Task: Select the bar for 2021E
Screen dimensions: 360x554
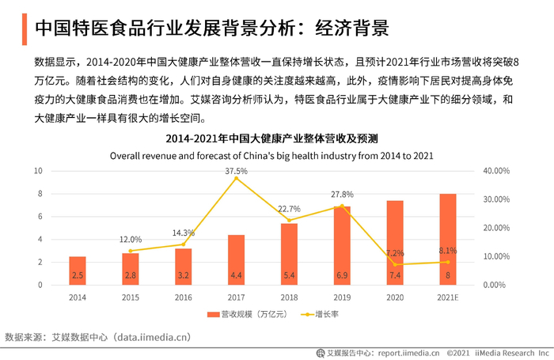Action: pyautogui.click(x=448, y=239)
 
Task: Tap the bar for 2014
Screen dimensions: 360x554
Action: pyautogui.click(x=78, y=270)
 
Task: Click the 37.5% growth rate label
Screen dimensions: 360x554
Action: pyautogui.click(x=236, y=171)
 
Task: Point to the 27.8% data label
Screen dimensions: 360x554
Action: pyautogui.click(x=342, y=195)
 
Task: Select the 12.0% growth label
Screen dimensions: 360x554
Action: pyautogui.click(x=131, y=240)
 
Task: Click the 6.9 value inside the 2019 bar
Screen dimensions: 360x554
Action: pyautogui.click(x=342, y=275)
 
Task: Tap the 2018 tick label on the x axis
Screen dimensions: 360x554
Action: pyautogui.click(x=289, y=297)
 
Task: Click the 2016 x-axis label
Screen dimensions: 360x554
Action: pyautogui.click(x=183, y=297)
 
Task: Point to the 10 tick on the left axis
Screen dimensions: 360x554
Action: pyautogui.click(x=38, y=171)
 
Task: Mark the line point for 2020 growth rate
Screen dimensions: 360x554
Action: pyautogui.click(x=395, y=264)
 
